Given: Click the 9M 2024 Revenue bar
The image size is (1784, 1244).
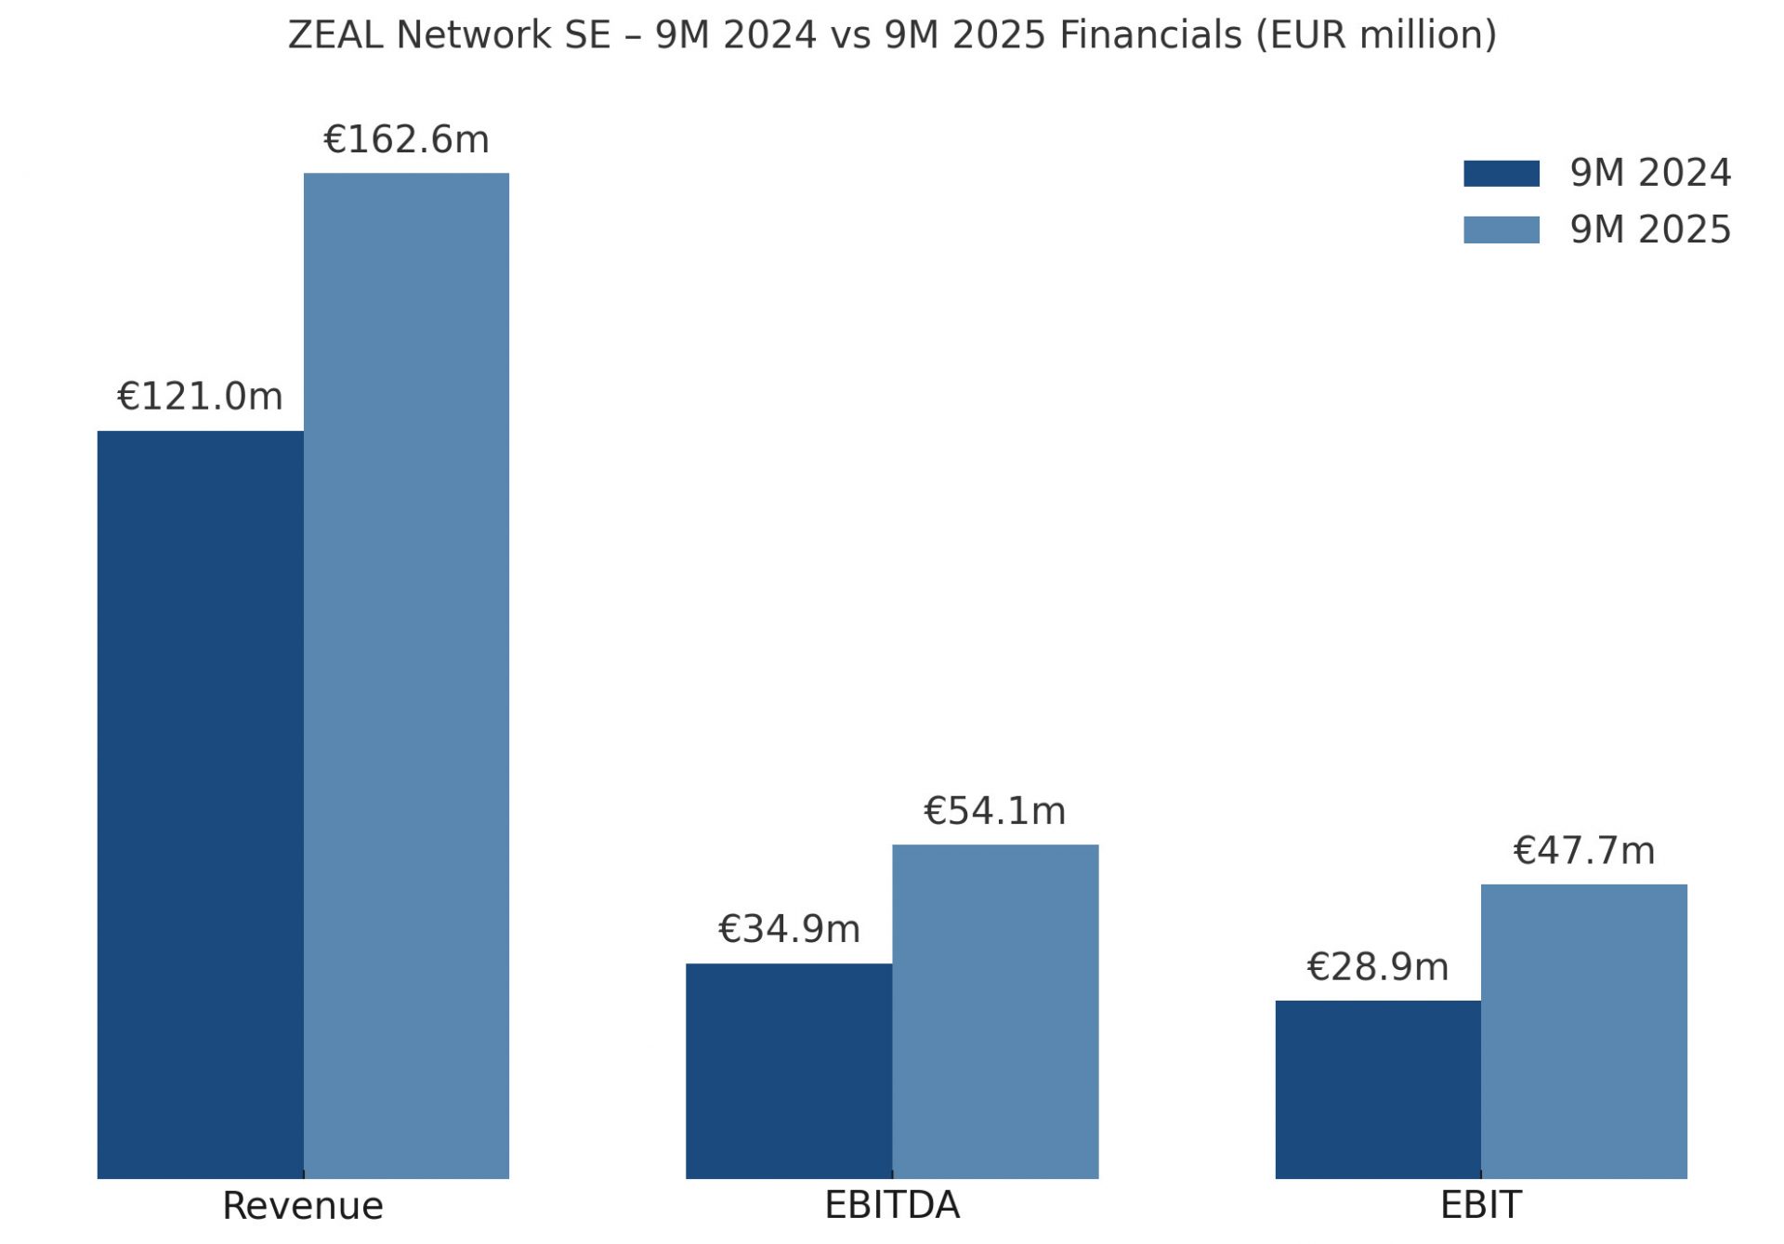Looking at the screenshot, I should (x=200, y=804).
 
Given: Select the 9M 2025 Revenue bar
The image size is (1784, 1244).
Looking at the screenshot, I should (x=406, y=675).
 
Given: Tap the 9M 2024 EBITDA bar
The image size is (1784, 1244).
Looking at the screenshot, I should (x=789, y=1070).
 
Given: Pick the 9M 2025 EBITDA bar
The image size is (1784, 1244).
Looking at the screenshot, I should (x=995, y=1011).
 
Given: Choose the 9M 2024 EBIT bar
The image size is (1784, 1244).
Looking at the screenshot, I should (x=1378, y=1089).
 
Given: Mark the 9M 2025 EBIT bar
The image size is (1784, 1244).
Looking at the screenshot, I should (x=1583, y=1031).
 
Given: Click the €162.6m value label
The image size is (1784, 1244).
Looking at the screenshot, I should (x=406, y=139).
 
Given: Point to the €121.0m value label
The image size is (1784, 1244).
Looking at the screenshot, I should (x=200, y=397).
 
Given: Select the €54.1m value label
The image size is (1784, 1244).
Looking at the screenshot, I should (x=994, y=811).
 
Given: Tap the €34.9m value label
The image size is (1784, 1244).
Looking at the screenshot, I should (x=789, y=929).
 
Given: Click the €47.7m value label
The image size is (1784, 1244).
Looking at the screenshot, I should (x=1583, y=851).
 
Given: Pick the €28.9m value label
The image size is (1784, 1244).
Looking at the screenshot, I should (x=1377, y=967).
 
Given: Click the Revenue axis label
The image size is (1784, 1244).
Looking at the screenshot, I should (x=303, y=1206).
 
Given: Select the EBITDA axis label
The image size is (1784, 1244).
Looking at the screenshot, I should (x=892, y=1205).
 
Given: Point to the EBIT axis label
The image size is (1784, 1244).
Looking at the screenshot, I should (x=1480, y=1205).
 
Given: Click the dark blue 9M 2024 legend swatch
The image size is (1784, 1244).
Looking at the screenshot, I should (x=1501, y=174).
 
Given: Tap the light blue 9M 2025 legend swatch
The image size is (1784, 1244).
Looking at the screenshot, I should (x=1501, y=229).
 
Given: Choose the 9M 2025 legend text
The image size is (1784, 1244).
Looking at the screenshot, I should (x=1650, y=229).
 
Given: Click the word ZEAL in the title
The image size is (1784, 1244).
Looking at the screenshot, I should (x=335, y=35).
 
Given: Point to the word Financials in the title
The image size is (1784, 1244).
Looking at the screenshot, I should (x=1150, y=35).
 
